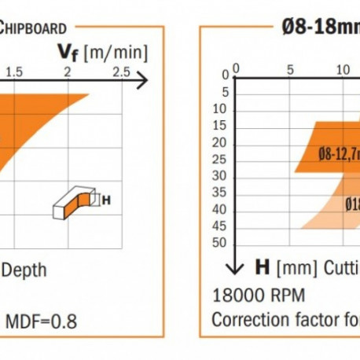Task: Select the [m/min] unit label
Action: click(117, 53)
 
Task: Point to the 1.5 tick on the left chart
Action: click(14, 72)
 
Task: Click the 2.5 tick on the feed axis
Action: click(121, 72)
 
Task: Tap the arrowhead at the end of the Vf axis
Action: click(141, 80)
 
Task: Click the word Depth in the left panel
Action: click(24, 270)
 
